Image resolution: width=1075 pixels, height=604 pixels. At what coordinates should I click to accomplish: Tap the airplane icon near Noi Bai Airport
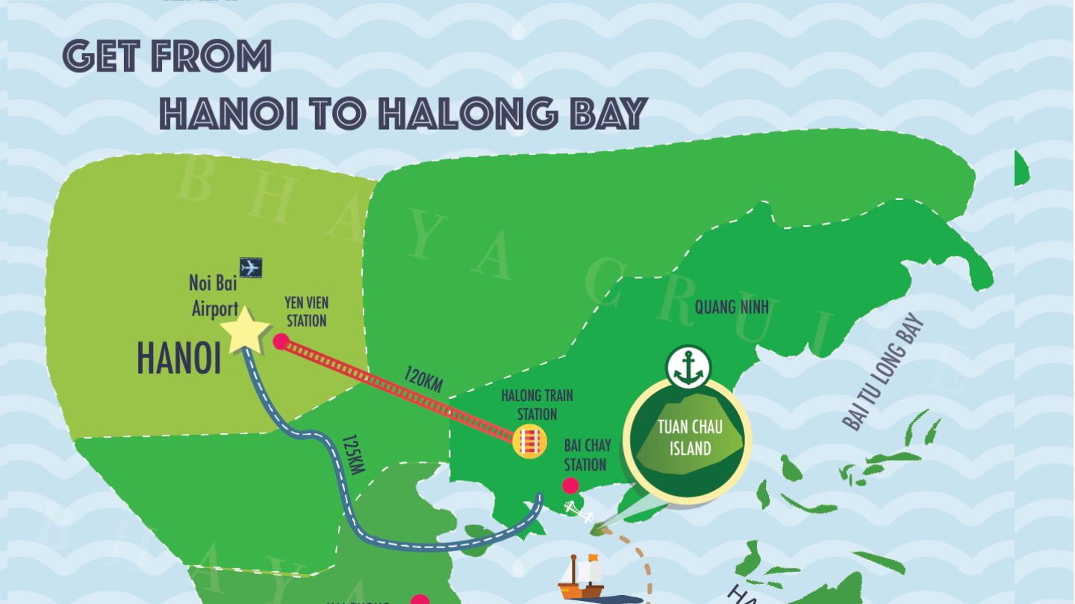251,267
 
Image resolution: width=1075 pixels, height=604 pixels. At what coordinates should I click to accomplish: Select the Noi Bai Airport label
214,295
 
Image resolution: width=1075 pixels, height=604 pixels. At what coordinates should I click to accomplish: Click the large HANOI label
179,359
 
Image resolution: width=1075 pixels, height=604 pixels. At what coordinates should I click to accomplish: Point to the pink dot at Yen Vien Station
281,342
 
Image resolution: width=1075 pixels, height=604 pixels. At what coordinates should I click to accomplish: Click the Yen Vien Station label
306,312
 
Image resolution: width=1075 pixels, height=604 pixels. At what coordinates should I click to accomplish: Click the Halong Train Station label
537,404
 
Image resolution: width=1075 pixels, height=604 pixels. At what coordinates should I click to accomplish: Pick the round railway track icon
530,441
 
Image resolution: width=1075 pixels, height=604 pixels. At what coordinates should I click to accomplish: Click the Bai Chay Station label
587,455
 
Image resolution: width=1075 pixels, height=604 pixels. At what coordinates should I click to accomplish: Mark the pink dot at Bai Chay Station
570,486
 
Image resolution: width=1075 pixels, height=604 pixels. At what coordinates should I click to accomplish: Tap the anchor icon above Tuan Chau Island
688,367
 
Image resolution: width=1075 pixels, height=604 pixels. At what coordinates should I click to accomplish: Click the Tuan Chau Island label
690,438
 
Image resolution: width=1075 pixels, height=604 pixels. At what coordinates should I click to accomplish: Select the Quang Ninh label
731,307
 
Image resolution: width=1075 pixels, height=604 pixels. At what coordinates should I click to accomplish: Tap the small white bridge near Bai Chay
578,512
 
